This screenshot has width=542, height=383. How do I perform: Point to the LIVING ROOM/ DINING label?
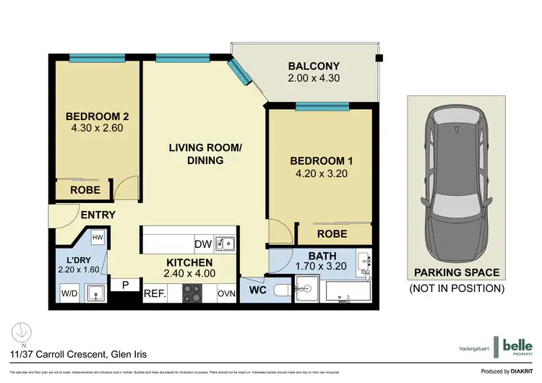[x=205, y=154]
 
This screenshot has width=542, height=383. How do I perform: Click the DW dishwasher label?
[x=203, y=244]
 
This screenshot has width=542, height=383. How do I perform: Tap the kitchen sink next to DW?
[x=225, y=244]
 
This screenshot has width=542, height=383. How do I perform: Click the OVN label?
[x=225, y=293]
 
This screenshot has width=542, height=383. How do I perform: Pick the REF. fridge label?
[x=155, y=293]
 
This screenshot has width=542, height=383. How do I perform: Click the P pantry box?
[x=125, y=285]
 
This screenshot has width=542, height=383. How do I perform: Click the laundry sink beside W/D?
[x=95, y=293]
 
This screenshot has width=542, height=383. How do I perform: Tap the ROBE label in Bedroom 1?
[x=333, y=233]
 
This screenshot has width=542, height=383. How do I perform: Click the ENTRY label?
[x=97, y=215]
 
